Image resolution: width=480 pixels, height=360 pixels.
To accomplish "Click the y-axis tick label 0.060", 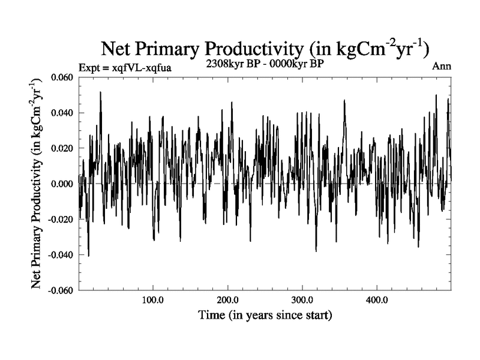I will [x=63, y=77].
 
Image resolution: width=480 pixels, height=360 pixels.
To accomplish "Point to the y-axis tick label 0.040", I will [x=63, y=113].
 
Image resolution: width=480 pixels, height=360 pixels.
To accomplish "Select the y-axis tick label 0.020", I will [x=63, y=148].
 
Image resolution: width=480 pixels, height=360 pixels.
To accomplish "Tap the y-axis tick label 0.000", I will [x=63, y=184].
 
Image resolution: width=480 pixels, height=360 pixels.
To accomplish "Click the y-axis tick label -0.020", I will [x=61, y=219].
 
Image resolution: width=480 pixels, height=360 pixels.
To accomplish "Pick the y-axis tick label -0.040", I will [x=61, y=254].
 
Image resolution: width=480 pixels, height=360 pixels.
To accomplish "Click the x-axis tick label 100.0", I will [x=153, y=299].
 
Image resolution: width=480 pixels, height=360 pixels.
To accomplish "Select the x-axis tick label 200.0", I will [x=227, y=299].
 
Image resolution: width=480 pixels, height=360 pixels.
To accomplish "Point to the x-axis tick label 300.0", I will [x=302, y=299].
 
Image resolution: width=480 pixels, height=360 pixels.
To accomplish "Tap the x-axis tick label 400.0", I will [x=376, y=299].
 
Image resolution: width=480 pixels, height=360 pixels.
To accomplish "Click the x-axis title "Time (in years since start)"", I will [x=265, y=314].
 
